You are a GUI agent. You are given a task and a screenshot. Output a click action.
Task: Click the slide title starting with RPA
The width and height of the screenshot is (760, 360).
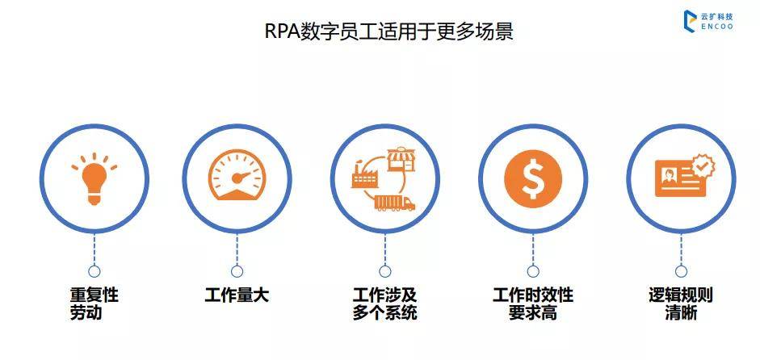(388, 31)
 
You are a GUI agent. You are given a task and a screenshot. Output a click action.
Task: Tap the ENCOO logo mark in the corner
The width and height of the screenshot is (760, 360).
(690, 21)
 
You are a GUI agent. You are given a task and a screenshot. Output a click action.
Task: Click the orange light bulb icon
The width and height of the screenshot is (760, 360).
(94, 178)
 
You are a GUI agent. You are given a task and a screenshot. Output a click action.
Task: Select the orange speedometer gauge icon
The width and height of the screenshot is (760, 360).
(237, 174)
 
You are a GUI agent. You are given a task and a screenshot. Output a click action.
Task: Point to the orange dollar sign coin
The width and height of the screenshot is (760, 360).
(533, 178)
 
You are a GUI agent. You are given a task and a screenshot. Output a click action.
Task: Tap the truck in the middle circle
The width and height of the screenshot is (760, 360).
(396, 203)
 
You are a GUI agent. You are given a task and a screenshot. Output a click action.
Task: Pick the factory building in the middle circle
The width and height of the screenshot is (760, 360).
(364, 174)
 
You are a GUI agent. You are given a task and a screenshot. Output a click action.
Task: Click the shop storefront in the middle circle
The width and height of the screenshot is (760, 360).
(402, 159)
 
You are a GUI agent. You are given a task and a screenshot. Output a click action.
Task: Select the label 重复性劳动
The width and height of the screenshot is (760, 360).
(94, 303)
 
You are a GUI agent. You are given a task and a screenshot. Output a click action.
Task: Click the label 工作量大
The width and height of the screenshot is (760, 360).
(237, 295)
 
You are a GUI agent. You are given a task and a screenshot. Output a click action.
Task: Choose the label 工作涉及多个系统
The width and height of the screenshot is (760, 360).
(385, 303)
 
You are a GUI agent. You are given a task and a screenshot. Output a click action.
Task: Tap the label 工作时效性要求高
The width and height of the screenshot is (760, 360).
(533, 303)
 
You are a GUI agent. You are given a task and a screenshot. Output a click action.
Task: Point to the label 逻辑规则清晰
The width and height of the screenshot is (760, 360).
(681, 303)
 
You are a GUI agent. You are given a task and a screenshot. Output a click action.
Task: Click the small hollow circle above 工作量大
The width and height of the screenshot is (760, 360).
(237, 271)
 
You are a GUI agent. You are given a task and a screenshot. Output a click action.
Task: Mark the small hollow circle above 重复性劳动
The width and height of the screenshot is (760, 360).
(94, 271)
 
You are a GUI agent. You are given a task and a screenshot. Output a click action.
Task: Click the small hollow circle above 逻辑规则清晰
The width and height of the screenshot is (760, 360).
(681, 271)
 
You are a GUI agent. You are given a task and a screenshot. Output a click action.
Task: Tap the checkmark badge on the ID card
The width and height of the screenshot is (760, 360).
(703, 166)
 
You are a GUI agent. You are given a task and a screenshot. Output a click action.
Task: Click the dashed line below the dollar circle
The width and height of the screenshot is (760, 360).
(533, 249)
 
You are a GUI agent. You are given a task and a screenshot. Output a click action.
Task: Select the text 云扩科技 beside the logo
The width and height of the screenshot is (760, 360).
(717, 16)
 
